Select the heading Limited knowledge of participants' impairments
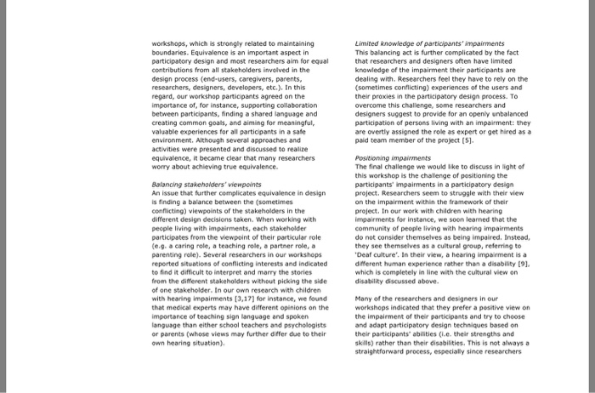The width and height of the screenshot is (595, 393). (416, 42)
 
